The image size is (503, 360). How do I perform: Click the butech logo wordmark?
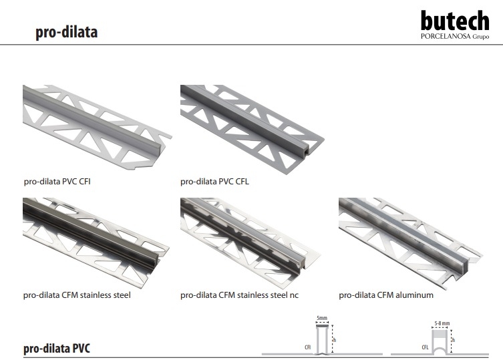click(x=455, y=21)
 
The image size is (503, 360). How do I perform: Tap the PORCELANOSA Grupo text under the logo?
click(x=455, y=36)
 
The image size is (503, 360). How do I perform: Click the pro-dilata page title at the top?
click(x=66, y=32)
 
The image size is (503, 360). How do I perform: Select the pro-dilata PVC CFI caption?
click(x=57, y=181)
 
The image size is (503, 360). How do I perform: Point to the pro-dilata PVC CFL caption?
click(x=214, y=181)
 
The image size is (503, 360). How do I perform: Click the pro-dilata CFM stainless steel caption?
click(x=77, y=295)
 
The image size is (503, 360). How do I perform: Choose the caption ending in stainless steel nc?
click(x=239, y=295)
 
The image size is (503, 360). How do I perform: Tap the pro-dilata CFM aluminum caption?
click(x=386, y=295)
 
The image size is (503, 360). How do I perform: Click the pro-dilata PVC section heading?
click(x=57, y=348)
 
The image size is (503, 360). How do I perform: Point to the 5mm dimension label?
click(x=322, y=318)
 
